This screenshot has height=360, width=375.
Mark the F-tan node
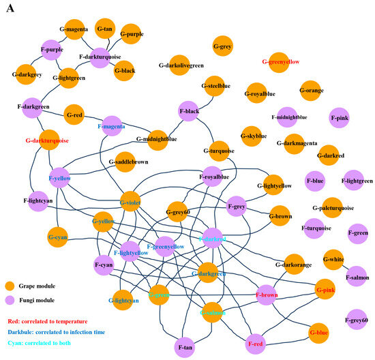click(185, 347)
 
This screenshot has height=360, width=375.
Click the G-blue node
click(319, 333)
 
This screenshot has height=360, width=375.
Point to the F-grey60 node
click(356, 320)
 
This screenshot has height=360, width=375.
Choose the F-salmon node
click(356, 277)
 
